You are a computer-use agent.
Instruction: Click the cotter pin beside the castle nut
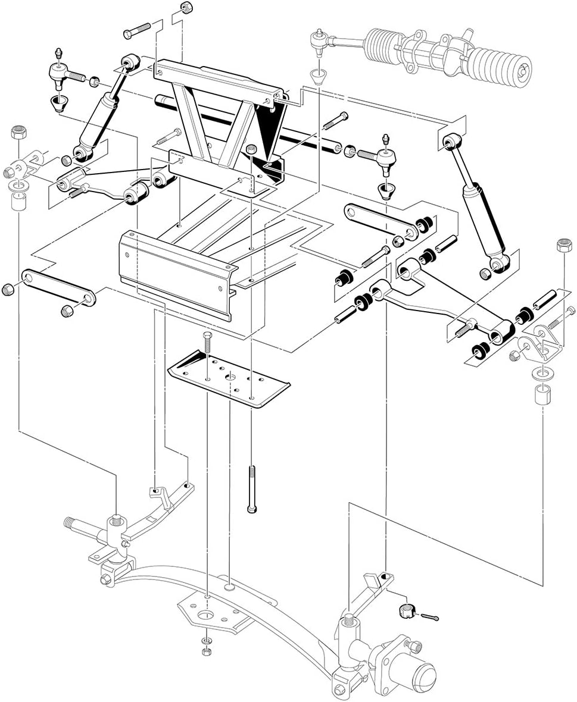[432, 619]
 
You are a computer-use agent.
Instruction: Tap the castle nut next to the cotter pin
[405, 610]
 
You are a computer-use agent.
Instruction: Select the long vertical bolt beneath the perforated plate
[251, 488]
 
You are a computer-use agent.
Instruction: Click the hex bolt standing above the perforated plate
[207, 343]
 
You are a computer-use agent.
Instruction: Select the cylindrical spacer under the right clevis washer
[539, 394]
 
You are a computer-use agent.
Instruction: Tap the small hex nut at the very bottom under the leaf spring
[205, 652]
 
